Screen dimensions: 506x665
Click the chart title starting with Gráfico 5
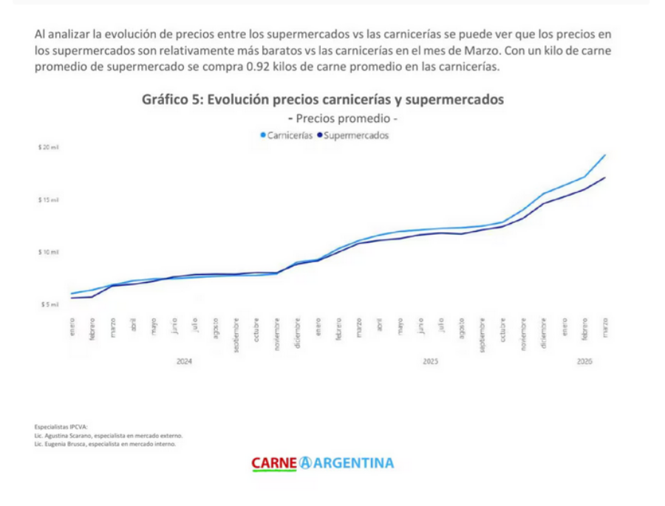click(323, 100)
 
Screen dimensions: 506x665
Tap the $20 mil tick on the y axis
click(49, 148)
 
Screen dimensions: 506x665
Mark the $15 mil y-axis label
click(49, 200)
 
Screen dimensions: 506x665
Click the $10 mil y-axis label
click(49, 252)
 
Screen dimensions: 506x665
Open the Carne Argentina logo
click(323, 463)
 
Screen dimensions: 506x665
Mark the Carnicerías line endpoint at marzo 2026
click(605, 155)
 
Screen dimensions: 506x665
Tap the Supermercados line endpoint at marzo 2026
click(605, 177)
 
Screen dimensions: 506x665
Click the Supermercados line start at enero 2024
click(72, 298)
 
